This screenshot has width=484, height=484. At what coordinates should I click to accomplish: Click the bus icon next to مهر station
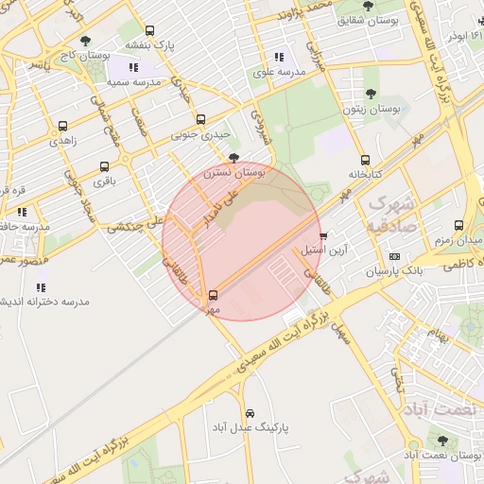[x=213, y=294]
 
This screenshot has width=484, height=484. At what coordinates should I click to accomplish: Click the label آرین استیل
[x=324, y=251]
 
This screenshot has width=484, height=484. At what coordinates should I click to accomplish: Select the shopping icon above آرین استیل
[x=324, y=235]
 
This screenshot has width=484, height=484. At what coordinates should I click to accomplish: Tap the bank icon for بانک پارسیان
[x=394, y=256]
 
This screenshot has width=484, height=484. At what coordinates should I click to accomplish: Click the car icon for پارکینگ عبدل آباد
[x=250, y=413]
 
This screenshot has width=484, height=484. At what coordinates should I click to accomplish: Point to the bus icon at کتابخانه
[x=365, y=160]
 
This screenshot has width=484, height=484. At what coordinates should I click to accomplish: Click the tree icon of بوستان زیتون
[x=370, y=94]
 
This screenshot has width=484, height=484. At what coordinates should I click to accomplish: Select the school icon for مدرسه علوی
[x=278, y=57]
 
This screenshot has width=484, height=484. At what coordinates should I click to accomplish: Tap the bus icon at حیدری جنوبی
[x=199, y=119]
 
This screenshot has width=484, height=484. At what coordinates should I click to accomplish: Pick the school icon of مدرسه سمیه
[x=131, y=68]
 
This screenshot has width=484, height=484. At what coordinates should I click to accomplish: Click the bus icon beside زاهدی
[x=62, y=125]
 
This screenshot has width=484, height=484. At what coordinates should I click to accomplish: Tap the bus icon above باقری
[x=103, y=165]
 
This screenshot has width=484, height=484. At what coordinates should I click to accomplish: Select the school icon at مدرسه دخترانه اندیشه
[x=41, y=286]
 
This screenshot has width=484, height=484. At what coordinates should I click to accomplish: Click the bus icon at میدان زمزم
[x=458, y=225]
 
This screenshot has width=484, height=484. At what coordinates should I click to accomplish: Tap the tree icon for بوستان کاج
[x=86, y=41]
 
